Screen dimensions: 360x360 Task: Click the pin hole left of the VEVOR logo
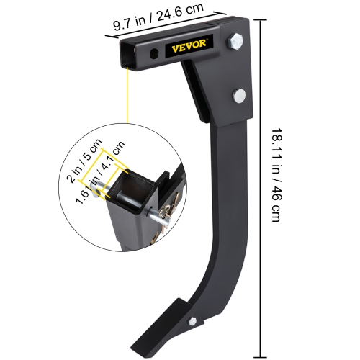tap(154, 55)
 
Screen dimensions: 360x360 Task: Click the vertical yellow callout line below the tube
tap(127, 94)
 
